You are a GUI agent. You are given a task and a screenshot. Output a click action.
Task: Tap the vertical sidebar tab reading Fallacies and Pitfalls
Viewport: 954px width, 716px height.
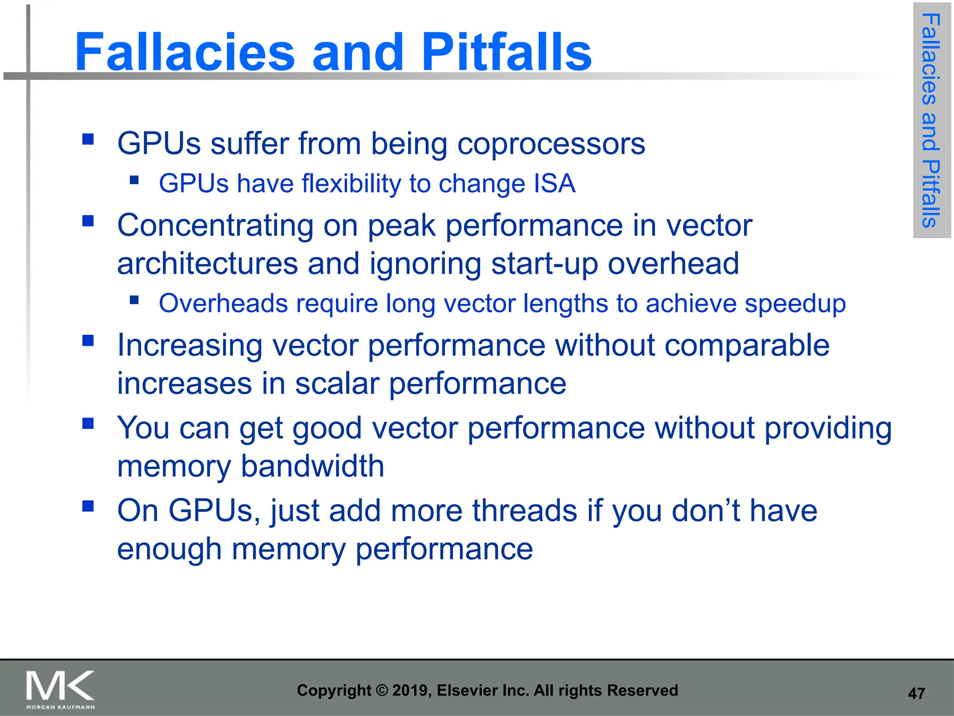tap(931, 120)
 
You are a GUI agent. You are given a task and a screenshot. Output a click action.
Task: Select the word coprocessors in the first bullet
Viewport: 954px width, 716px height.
tap(551, 144)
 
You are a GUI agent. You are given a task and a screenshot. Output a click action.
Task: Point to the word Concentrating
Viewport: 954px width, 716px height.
tap(215, 226)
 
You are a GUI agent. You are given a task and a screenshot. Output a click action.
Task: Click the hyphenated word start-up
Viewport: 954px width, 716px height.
tap(545, 264)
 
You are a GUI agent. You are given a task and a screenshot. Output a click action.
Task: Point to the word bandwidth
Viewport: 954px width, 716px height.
tap(312, 466)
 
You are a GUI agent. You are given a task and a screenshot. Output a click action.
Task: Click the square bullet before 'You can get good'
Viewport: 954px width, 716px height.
tap(88, 423)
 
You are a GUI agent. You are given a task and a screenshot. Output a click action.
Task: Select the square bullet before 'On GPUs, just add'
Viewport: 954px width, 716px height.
tap(88, 506)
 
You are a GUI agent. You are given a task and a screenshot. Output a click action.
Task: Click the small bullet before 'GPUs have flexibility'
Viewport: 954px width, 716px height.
tap(135, 180)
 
